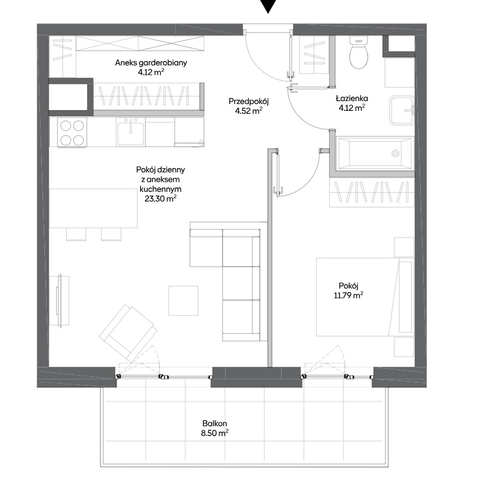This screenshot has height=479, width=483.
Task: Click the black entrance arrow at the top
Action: click(268, 6)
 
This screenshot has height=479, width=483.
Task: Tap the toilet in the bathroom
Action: click(359, 52)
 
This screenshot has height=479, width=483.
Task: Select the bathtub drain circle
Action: click(395, 153)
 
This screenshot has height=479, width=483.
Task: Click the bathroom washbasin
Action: click(402, 110)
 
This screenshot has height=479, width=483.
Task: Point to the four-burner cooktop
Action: click(72, 133)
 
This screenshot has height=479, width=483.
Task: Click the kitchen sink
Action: click(131, 132)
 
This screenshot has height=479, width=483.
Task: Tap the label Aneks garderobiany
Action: click(151, 63)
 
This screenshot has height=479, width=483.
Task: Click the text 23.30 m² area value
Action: click(161, 199)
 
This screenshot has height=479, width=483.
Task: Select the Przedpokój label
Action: click(249, 102)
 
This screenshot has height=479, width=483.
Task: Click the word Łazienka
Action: click(351, 98)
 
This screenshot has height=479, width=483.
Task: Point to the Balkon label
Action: click(214, 424)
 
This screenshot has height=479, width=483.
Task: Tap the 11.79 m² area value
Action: click(348, 295)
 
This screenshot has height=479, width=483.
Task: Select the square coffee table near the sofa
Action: click(183, 301)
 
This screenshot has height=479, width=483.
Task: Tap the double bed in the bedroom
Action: click(365, 297)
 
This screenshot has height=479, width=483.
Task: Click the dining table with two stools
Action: click(93, 214)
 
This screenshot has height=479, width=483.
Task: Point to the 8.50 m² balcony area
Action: click(214, 433)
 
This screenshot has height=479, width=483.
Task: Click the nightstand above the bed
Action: click(404, 247)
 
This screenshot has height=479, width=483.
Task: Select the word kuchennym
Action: click(161, 189)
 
